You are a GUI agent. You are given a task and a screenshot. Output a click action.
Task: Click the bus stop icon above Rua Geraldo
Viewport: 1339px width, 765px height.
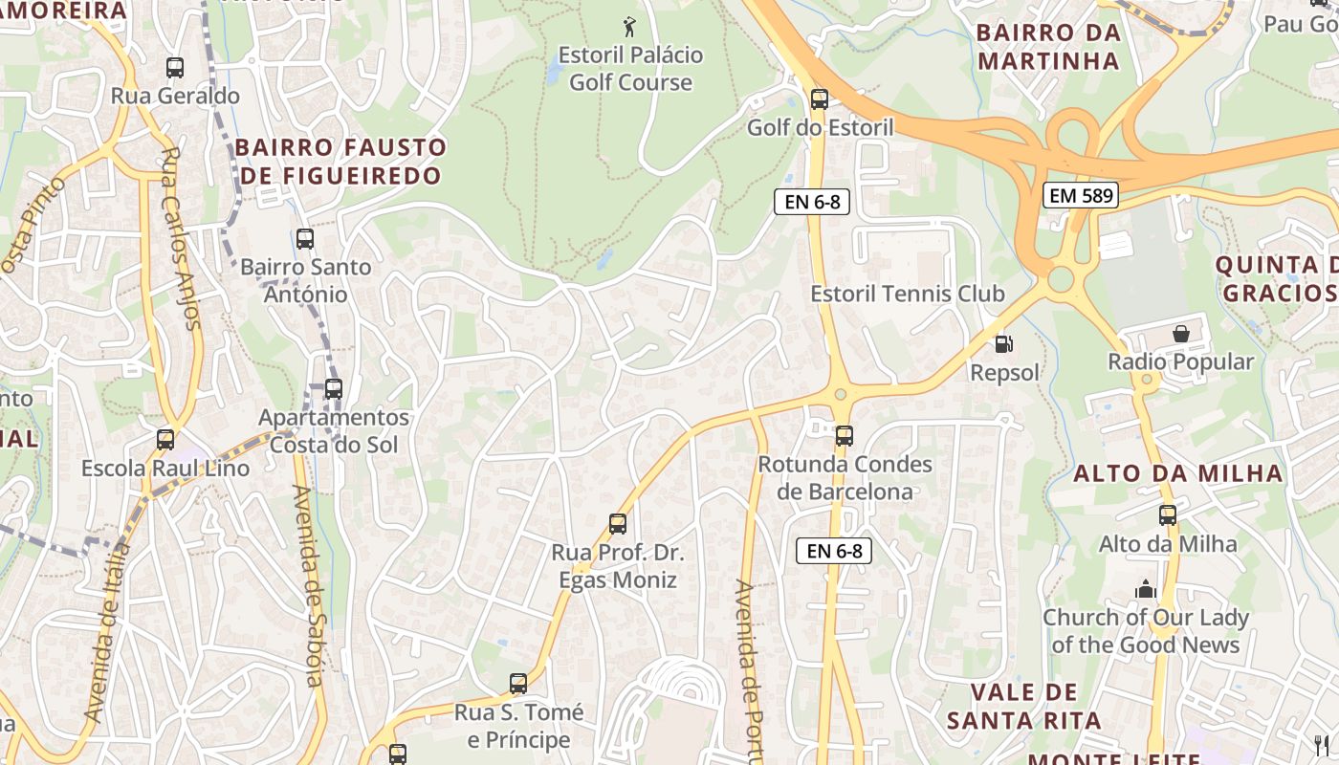174,68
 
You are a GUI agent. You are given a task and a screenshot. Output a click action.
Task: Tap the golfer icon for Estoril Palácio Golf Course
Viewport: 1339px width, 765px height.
629,27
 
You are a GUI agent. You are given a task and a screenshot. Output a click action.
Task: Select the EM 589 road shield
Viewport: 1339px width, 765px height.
1080,196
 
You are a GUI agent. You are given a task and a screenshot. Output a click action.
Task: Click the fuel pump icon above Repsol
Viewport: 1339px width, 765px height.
1003,344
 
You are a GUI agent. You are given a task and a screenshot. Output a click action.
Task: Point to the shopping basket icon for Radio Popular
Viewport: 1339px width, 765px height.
1181,334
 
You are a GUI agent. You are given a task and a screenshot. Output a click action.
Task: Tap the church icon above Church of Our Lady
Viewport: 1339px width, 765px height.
1146,589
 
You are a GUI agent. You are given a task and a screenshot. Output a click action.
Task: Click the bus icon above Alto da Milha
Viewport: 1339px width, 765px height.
1168,515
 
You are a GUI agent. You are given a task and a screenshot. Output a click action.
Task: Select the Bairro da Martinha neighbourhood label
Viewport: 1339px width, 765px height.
1048,47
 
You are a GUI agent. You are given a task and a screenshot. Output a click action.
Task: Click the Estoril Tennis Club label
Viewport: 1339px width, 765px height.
908,294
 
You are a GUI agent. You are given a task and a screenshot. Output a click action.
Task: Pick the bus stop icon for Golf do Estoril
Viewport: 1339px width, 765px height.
819,98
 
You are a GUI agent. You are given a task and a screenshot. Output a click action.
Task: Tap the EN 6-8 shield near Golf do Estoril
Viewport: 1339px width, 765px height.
812,202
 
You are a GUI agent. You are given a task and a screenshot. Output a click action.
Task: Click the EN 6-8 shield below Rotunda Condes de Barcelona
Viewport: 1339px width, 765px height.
834,551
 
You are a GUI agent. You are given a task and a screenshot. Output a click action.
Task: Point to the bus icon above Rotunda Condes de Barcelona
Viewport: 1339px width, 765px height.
844,436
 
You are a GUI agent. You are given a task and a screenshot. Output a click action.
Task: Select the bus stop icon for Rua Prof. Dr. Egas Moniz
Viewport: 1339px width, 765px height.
618,524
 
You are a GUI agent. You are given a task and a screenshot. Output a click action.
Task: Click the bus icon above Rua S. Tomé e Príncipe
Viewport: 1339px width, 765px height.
518,684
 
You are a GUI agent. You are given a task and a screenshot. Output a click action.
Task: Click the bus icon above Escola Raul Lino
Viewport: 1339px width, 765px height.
165,440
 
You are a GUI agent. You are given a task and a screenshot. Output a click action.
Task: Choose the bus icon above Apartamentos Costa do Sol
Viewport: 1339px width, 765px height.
333,389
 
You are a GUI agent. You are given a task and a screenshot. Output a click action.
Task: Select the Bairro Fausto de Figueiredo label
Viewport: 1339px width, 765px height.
340,162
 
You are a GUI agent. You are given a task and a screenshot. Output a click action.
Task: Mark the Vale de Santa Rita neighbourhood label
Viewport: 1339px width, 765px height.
1024,706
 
